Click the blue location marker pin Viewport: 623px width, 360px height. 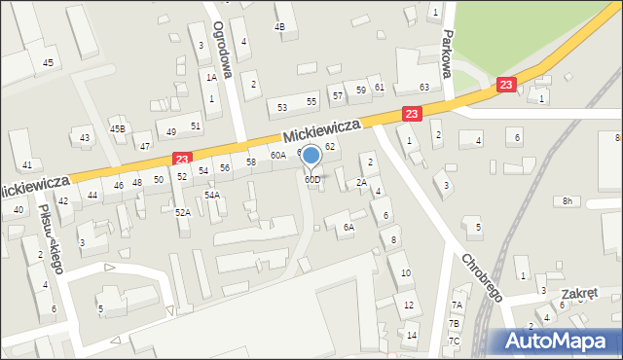[x=311, y=157]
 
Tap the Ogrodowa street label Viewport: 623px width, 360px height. [x=220, y=43]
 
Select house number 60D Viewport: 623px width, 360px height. [x=311, y=180]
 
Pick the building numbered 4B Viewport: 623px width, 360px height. [x=280, y=26]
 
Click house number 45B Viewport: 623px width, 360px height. [x=117, y=128]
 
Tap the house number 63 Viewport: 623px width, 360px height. [x=424, y=88]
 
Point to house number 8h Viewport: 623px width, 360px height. [x=567, y=201]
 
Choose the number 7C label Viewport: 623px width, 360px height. [x=454, y=341]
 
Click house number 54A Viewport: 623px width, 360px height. [x=211, y=195]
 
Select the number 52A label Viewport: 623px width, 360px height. [x=182, y=211]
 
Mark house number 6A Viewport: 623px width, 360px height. [x=348, y=228]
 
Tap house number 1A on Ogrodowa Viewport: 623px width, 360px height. [x=210, y=77]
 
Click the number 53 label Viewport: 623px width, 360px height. [x=282, y=107]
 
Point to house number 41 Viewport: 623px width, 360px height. [x=27, y=164]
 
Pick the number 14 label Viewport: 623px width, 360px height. [x=412, y=336]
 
